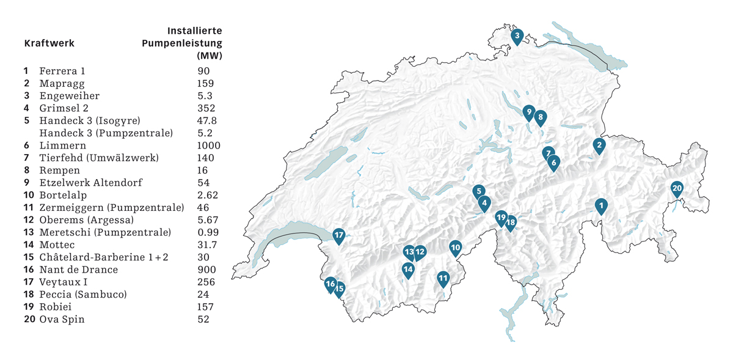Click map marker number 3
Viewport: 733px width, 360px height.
click(x=517, y=37)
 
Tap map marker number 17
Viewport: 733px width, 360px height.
click(x=339, y=235)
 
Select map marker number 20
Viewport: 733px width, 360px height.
click(x=676, y=189)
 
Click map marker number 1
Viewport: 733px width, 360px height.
click(x=601, y=206)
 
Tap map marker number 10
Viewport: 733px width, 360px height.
click(x=455, y=248)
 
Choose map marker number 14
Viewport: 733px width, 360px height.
click(x=408, y=269)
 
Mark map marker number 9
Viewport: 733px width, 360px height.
click(x=529, y=112)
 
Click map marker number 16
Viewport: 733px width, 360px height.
click(x=330, y=284)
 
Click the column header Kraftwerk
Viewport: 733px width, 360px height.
click(x=49, y=43)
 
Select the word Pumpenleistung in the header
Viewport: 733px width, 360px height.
click(x=181, y=43)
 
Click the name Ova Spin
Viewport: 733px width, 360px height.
click(x=62, y=319)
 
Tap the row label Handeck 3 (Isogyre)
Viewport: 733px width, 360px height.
click(x=90, y=120)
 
